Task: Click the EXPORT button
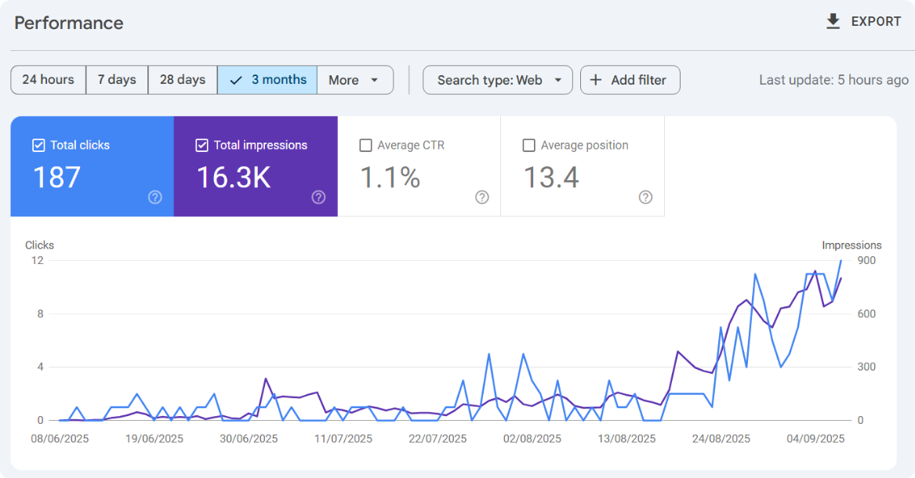click(864, 22)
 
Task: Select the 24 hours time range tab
click(48, 80)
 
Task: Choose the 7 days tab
click(117, 80)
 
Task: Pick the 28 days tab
click(183, 80)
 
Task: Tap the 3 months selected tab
click(267, 80)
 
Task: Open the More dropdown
click(354, 80)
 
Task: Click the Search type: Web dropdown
click(498, 80)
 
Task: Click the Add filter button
click(630, 80)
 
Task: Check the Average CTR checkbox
click(365, 145)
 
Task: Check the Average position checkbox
click(529, 145)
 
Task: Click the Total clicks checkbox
click(38, 145)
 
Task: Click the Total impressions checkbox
click(202, 145)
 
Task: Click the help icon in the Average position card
click(645, 197)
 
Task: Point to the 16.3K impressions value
click(233, 178)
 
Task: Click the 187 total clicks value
click(56, 178)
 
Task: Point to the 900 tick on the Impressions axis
click(866, 260)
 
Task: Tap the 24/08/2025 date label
click(721, 439)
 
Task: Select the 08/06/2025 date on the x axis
click(60, 439)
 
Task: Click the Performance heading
click(69, 23)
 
